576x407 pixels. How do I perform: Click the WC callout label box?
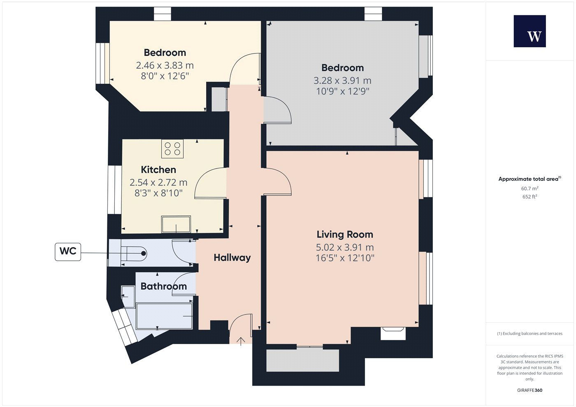point(68,252)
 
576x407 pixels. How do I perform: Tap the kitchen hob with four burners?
point(172,148)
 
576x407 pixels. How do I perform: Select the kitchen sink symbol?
point(176,224)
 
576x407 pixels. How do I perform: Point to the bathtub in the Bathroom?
point(164,316)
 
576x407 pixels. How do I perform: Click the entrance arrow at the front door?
point(241,342)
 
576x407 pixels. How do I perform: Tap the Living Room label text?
point(345,234)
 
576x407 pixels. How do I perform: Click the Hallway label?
point(232,258)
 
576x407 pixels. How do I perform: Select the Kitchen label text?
point(158,169)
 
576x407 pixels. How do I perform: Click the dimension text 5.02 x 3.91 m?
point(345,247)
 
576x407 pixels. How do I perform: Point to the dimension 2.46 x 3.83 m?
point(165,65)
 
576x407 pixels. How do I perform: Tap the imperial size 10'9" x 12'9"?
point(342,91)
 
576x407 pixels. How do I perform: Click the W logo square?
point(530,31)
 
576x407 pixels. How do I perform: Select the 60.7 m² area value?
point(530,188)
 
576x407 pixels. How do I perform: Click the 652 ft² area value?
point(530,197)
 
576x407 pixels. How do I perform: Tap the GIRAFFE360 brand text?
point(530,390)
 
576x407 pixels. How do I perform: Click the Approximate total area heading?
point(530,179)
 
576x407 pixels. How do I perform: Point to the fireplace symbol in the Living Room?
point(393,333)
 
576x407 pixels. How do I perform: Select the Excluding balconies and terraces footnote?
point(530,333)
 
